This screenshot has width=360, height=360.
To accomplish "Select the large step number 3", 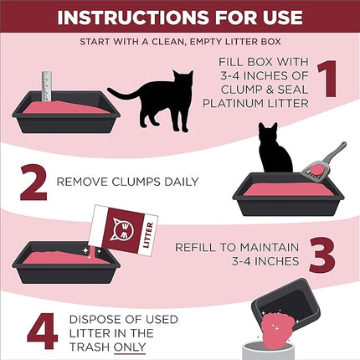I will tap(327, 255).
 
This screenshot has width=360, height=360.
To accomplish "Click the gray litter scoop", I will tap(321, 163).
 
